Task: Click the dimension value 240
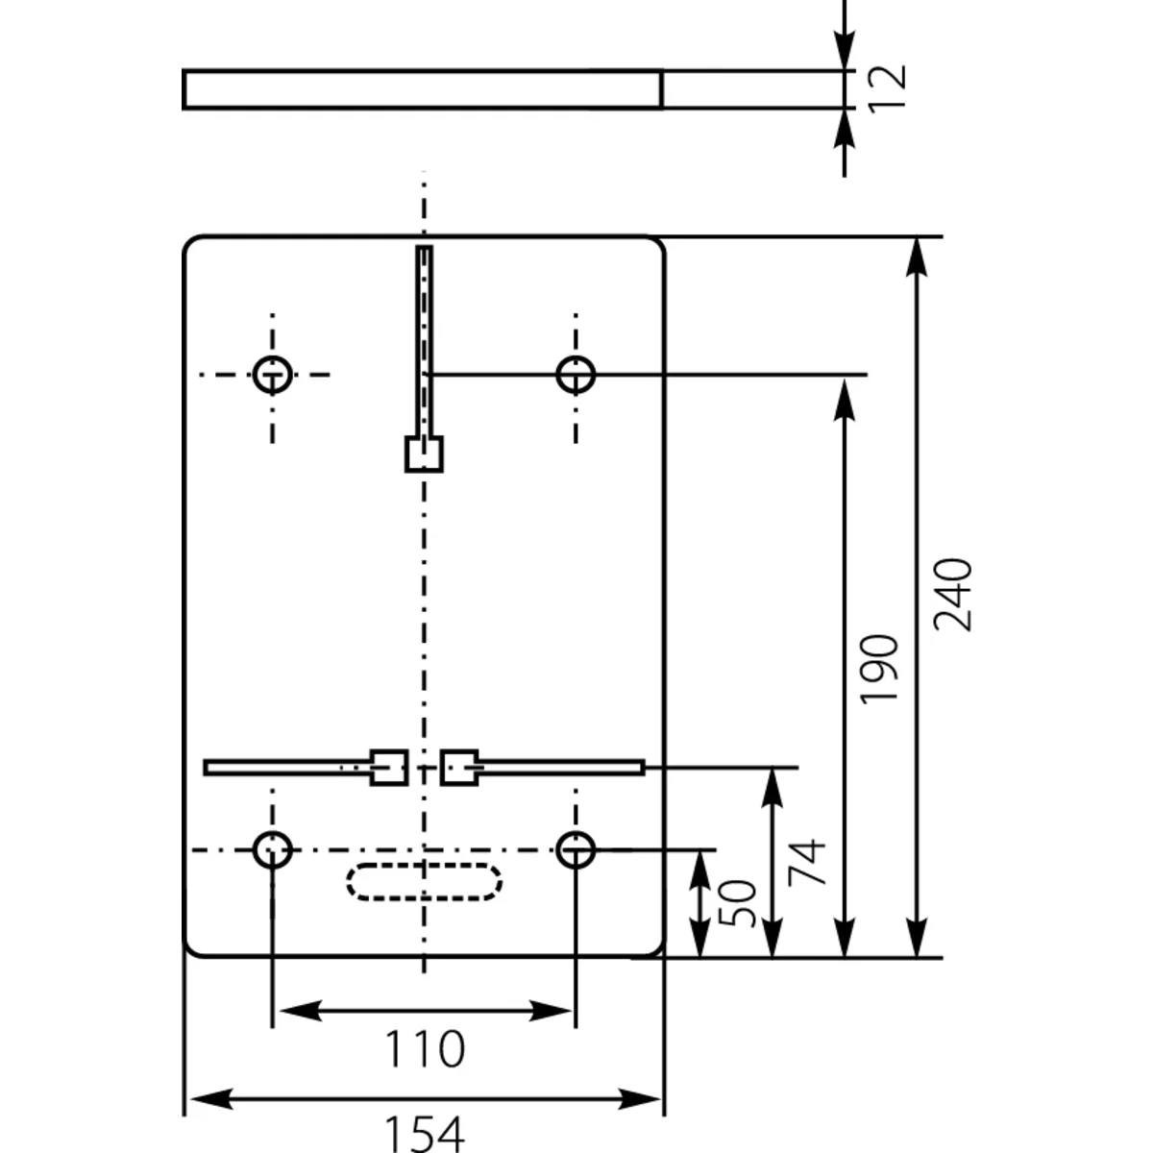pos(953,594)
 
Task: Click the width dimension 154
pos(424,1132)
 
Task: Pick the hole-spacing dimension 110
pos(424,1049)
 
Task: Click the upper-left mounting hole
pos(273,374)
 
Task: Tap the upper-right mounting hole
pos(576,374)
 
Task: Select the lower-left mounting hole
pos(273,849)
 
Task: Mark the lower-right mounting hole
pos(576,849)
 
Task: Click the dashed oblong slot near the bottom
pos(424,882)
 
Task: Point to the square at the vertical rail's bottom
pos(424,454)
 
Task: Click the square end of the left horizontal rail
pos(389,767)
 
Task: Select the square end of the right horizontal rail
pos(459,767)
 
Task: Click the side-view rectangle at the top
pos(423,89)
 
